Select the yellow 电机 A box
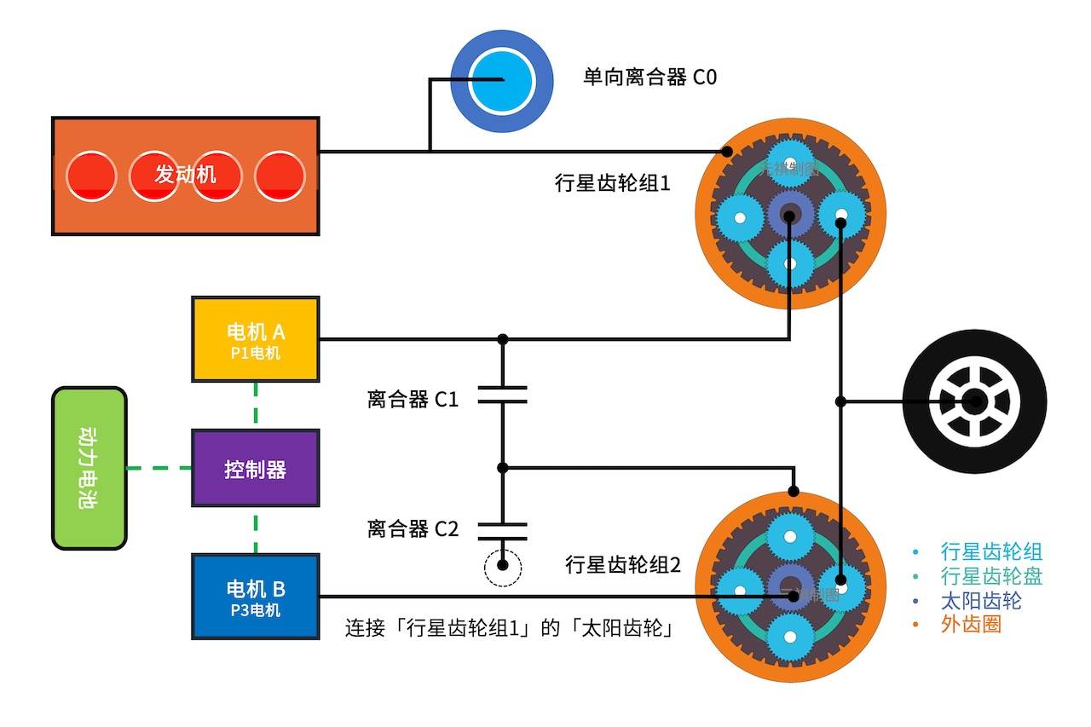[x=256, y=338]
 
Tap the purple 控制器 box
[x=256, y=469]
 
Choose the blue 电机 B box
[x=256, y=596]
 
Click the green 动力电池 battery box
[x=89, y=468]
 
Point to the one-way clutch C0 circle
[x=492, y=81]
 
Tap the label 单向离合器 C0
[x=649, y=78]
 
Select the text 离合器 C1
[x=413, y=399]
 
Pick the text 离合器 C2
[x=413, y=529]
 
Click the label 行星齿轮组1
[x=612, y=182]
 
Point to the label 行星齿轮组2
[x=623, y=564]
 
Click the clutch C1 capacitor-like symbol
[x=502, y=395]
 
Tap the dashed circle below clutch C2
[x=502, y=566]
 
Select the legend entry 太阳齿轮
[x=981, y=600]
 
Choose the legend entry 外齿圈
[x=971, y=625]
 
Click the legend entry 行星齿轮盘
[x=991, y=576]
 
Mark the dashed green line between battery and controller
[x=159, y=468]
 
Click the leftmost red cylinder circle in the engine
[x=90, y=176]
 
